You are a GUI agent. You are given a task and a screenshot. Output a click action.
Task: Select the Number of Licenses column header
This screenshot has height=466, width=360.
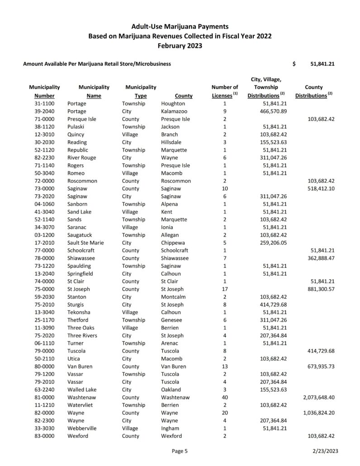click(x=225, y=91)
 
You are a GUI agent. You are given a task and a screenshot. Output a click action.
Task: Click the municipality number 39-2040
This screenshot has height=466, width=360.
click(x=44, y=111)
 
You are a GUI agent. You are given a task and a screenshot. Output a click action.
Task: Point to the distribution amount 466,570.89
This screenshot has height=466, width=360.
click(x=269, y=111)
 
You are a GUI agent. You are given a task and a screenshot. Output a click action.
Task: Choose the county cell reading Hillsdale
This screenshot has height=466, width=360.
click(x=172, y=142)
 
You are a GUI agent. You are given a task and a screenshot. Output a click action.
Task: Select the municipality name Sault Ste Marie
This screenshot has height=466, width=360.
click(x=85, y=243)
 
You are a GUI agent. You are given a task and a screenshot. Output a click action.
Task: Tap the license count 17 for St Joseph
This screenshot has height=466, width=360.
click(x=224, y=289)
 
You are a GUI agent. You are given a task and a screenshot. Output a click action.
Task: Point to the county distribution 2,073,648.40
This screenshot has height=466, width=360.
click(x=316, y=397)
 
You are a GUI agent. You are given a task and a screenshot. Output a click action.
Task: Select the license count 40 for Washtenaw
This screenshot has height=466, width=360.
click(x=224, y=397)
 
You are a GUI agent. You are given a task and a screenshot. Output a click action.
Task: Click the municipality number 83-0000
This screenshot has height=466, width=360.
click(x=44, y=436)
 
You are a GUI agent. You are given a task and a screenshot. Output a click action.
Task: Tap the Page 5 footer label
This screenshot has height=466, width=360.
click(x=180, y=451)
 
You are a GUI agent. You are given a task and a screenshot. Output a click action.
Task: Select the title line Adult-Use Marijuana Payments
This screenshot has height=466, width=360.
click(x=180, y=27)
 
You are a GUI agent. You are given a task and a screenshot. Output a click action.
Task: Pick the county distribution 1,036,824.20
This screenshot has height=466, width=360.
click(x=316, y=413)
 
